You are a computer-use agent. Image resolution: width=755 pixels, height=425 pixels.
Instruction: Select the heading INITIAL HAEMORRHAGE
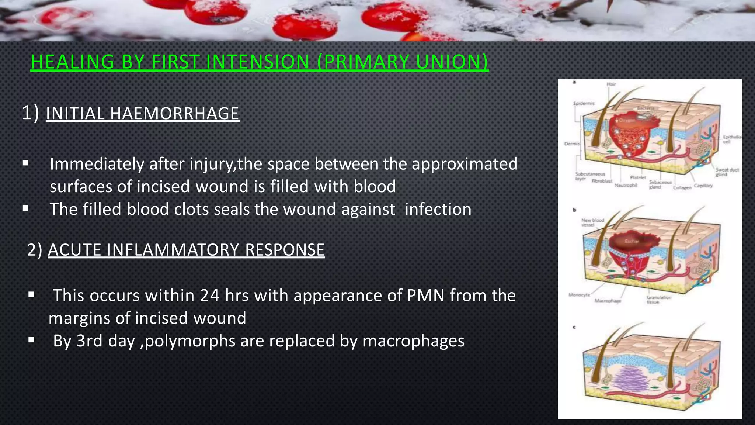tap(143, 113)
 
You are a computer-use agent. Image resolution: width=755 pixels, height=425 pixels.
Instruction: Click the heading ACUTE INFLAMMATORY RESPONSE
tap(186, 250)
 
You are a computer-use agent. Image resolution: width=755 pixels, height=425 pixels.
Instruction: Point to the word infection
tap(438, 209)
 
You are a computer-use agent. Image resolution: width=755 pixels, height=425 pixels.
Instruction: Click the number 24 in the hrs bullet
tap(210, 296)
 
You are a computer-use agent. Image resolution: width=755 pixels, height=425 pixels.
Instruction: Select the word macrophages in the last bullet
tap(413, 341)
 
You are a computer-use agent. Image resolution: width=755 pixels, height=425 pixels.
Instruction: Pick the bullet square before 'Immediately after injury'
tap(25, 163)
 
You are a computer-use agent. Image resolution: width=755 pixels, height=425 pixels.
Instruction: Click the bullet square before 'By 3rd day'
tap(31, 339)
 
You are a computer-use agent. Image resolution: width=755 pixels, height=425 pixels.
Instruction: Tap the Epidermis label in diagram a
tap(584, 103)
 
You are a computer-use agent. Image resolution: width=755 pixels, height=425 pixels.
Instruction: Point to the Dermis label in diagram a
tap(572, 144)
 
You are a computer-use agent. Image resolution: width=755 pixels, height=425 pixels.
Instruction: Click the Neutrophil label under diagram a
tap(626, 185)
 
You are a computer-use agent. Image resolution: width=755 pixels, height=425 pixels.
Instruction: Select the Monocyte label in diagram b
tap(579, 295)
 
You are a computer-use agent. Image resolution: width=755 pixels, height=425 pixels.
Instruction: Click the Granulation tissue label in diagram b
tap(659, 299)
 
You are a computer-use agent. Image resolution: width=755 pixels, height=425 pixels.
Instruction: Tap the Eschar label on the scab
tap(631, 241)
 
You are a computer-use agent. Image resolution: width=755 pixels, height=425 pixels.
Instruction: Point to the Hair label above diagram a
tap(611, 84)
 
